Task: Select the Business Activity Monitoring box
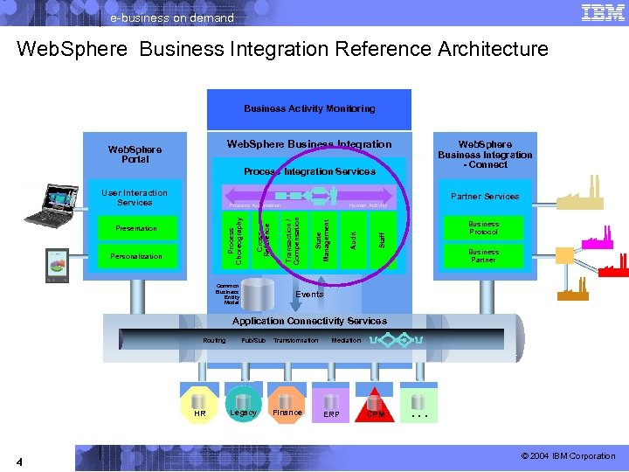point(309,109)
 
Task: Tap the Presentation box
point(136,228)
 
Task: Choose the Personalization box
point(136,256)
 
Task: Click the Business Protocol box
point(483,228)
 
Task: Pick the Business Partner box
point(483,256)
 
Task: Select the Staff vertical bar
point(382,237)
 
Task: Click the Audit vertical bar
point(353,237)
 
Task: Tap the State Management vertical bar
point(323,237)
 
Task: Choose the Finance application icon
point(287,405)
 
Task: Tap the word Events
point(309,295)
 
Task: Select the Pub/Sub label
point(253,340)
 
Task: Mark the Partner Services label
point(484,197)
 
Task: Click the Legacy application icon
point(243,405)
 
